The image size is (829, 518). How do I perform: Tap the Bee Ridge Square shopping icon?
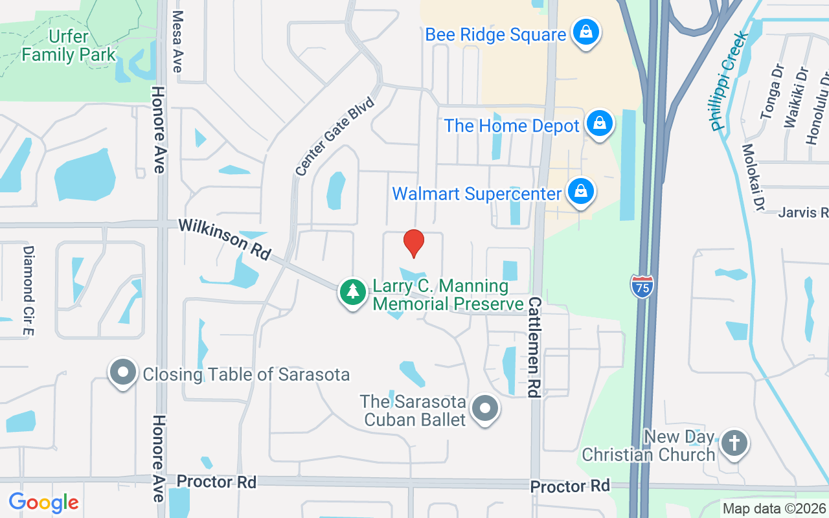click(x=585, y=32)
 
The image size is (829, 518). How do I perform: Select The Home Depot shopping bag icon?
click(x=600, y=123)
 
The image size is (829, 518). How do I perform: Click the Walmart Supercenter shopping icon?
click(x=581, y=192)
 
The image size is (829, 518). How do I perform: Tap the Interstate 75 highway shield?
click(x=641, y=286)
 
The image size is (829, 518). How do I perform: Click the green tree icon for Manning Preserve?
click(x=352, y=292)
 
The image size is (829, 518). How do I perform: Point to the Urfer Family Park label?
click(x=68, y=45)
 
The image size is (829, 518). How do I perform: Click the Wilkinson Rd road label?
click(x=224, y=238)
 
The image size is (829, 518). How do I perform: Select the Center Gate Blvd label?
click(x=335, y=137)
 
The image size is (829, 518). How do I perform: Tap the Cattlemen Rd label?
click(x=534, y=347)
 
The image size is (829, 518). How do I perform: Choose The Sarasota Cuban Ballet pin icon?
click(x=484, y=409)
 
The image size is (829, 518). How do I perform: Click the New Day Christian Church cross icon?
click(x=734, y=444)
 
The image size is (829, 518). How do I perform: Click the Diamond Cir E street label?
click(x=28, y=291)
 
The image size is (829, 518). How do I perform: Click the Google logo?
click(x=43, y=502)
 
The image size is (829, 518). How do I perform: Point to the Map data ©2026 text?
click(x=774, y=508)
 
